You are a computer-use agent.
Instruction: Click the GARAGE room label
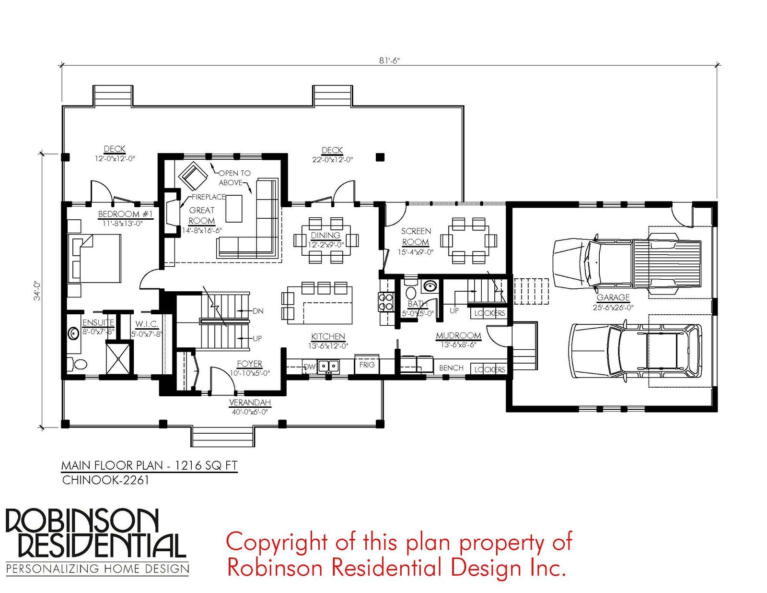pyautogui.click(x=613, y=297)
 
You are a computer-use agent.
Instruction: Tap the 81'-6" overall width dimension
pyautogui.click(x=389, y=60)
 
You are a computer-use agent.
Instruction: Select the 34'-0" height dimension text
pyautogui.click(x=37, y=291)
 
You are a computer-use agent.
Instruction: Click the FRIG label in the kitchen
pyautogui.click(x=367, y=365)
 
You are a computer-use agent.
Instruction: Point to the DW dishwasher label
pyautogui.click(x=310, y=367)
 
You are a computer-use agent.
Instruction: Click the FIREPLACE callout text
pyautogui.click(x=209, y=197)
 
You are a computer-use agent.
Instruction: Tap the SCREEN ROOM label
pyautogui.click(x=416, y=237)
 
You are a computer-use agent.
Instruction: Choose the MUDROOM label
pyautogui.click(x=458, y=335)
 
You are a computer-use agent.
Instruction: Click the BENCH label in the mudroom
pyautogui.click(x=451, y=368)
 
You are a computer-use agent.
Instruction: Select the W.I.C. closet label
pyautogui.click(x=147, y=324)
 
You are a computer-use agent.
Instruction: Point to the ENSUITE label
pyautogui.click(x=98, y=322)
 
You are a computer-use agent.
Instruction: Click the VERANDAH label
pyautogui.click(x=250, y=402)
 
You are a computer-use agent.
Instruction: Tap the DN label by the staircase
pyautogui.click(x=258, y=311)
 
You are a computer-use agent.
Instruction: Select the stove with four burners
pyautogui.click(x=385, y=302)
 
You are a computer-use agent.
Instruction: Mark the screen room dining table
pyautogui.click(x=469, y=240)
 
